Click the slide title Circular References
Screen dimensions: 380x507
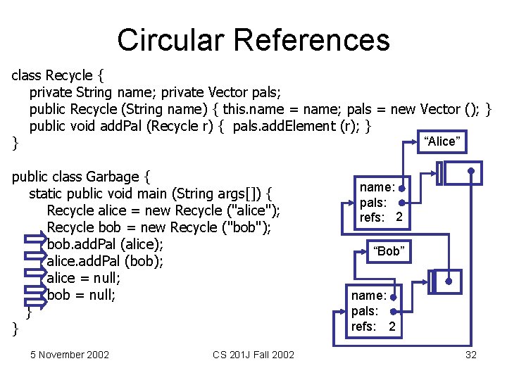253,39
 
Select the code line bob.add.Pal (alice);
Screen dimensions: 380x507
105,244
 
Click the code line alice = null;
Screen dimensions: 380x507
83,278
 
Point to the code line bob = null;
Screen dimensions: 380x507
80,295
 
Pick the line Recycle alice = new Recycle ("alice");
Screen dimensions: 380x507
163,210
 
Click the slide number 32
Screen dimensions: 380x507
471,355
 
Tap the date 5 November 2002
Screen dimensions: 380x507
70,355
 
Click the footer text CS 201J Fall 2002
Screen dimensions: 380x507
254,355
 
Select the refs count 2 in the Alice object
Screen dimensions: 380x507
399,218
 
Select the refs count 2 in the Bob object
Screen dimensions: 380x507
392,327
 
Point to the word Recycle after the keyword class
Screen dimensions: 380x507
69,75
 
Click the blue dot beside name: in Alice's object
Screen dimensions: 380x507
401,189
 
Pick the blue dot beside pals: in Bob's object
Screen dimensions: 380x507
392,311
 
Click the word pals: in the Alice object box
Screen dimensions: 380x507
373,203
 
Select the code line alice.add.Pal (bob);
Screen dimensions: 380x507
105,261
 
